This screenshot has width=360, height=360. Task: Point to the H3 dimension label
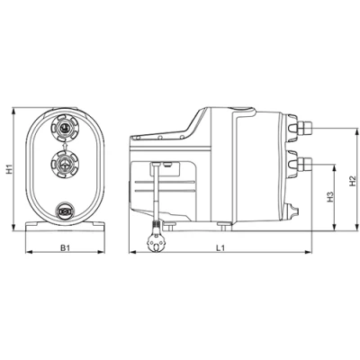click(x=330, y=196)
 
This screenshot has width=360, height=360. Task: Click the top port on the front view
click(x=66, y=129)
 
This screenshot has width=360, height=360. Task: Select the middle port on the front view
click(x=66, y=164)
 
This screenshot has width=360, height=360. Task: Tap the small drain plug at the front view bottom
click(x=66, y=211)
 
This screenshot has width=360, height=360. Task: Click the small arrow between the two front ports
click(x=66, y=147)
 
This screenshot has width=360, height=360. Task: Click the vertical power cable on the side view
click(x=158, y=193)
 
